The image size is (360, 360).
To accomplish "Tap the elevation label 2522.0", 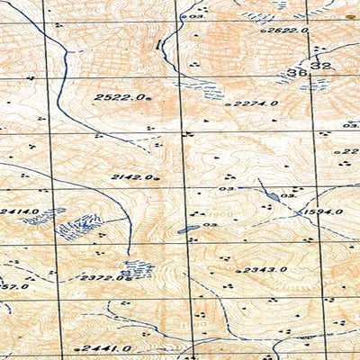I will click(x=119, y=96).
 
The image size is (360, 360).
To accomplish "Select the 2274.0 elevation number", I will click(x=256, y=103).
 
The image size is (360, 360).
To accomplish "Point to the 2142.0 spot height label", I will click(x=131, y=177).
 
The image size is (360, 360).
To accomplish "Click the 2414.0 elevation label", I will click(x=20, y=211).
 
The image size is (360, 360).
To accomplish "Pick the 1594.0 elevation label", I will click(x=324, y=212).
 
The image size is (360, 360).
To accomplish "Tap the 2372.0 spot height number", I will click(x=102, y=278).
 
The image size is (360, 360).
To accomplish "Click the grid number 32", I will click(x=321, y=67).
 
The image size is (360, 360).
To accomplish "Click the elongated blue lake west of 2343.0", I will click(x=189, y=230).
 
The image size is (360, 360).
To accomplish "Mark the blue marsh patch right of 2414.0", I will click(x=79, y=225).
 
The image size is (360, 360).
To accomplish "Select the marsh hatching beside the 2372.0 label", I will click(x=137, y=268).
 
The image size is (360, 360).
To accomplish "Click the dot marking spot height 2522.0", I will click(x=149, y=97).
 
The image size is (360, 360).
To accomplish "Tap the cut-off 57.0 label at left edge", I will click(x=14, y=286).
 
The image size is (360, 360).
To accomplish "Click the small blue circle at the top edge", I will click(x=184, y=15).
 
